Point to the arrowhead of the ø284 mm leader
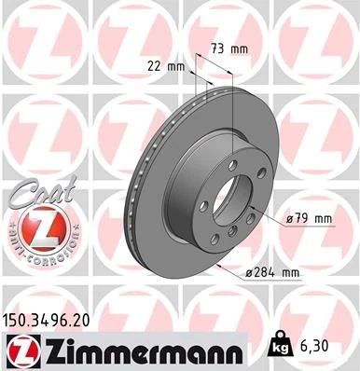215,264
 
